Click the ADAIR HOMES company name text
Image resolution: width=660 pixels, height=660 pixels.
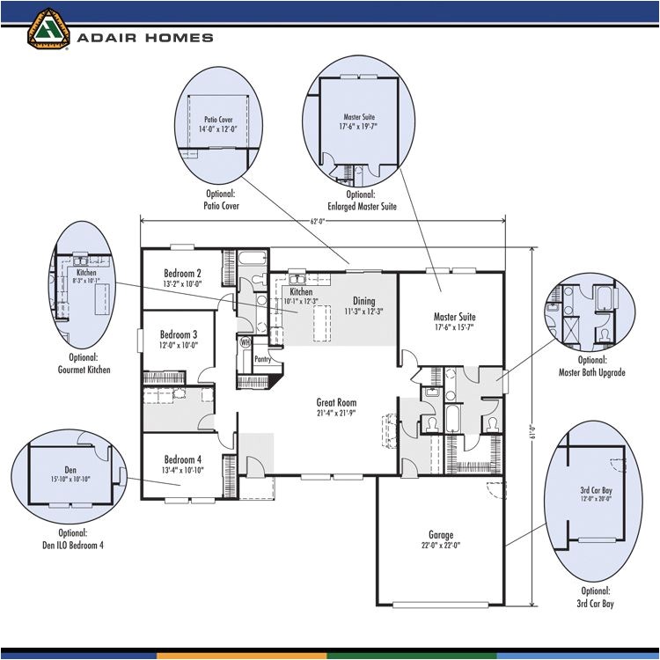click(x=144, y=38)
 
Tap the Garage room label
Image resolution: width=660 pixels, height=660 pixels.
click(x=441, y=534)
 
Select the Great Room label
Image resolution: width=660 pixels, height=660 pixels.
click(x=337, y=403)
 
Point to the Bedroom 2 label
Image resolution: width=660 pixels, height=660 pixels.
click(x=182, y=273)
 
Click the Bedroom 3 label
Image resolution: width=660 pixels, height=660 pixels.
click(x=179, y=334)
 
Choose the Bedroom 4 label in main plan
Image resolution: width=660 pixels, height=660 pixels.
click(x=182, y=459)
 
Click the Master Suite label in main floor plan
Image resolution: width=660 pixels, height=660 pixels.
click(x=454, y=317)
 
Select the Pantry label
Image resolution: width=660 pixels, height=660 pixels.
click(x=262, y=359)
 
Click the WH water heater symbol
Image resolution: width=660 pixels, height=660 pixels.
click(x=246, y=342)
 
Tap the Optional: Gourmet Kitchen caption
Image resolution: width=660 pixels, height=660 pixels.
click(x=84, y=364)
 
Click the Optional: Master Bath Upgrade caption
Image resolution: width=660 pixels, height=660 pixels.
click(x=591, y=366)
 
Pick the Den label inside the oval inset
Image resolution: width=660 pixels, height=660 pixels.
click(x=70, y=470)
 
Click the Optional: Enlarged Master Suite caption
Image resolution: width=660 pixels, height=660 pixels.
click(x=362, y=201)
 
